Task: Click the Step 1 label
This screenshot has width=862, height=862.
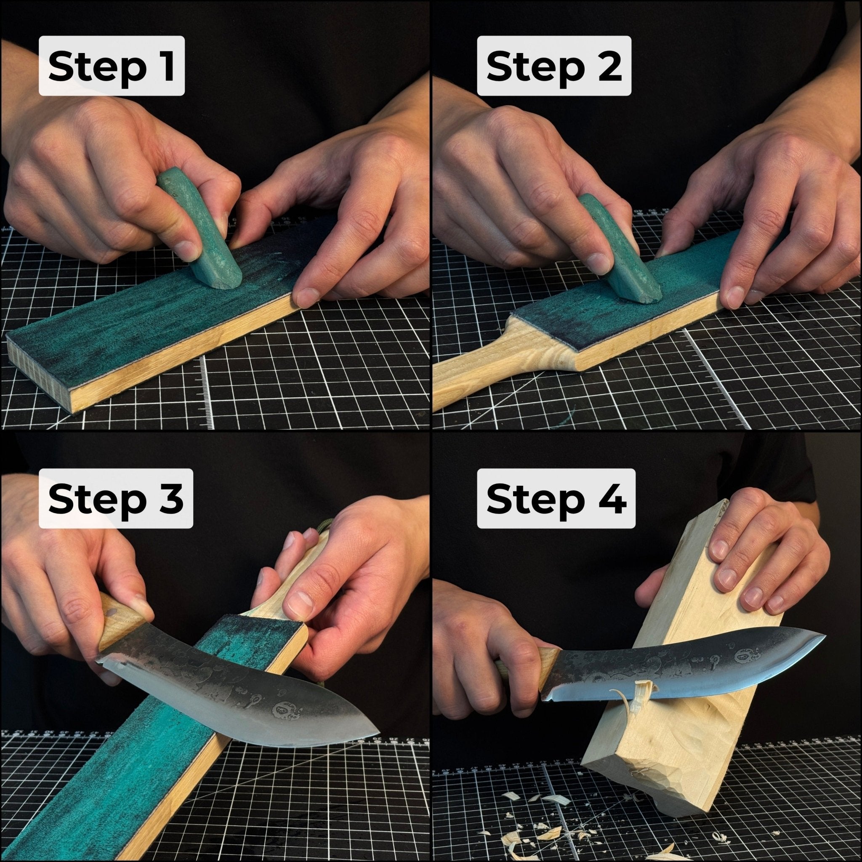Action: point(112,66)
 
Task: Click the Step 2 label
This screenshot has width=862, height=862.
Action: point(554,66)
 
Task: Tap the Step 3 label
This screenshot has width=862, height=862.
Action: point(116,498)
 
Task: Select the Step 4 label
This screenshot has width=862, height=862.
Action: point(556,498)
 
